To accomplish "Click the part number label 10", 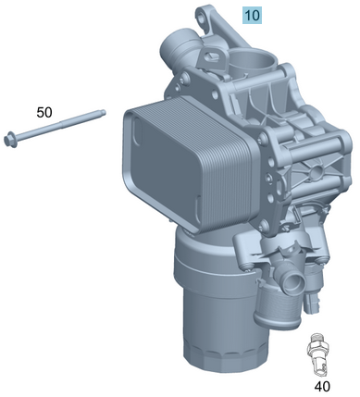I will tap(252, 15).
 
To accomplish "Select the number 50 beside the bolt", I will tap(44, 112).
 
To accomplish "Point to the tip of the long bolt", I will tap(104, 114).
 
